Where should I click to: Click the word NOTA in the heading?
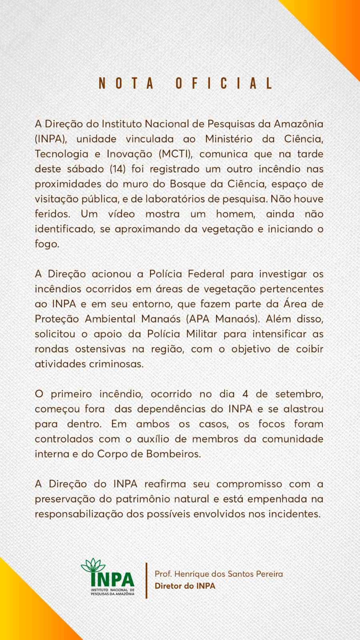(x=126, y=83)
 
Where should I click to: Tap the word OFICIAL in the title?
(x=224, y=83)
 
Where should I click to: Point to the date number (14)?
(x=118, y=169)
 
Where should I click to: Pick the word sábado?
(x=85, y=169)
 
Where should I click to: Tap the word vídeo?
(x=121, y=214)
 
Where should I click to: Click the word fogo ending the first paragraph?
(x=46, y=244)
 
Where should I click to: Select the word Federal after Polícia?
(x=206, y=274)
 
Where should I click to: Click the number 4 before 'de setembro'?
(x=245, y=394)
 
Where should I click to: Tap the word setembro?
(x=299, y=394)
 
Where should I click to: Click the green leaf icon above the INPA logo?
(x=93, y=566)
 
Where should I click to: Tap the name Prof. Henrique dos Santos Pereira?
(x=219, y=574)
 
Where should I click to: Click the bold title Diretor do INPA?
(x=185, y=586)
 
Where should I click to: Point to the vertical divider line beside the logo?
(x=146, y=580)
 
